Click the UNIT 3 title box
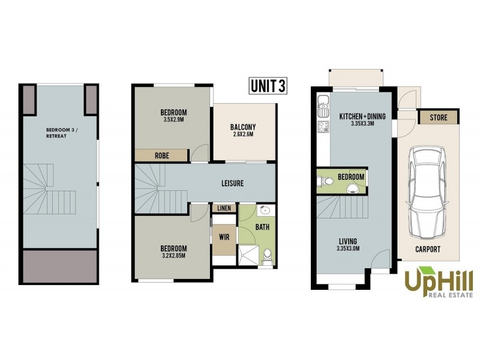point(267,86)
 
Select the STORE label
point(439,117)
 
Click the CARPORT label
point(428,248)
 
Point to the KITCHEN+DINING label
point(362,116)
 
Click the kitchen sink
point(323,106)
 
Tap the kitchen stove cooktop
point(323,126)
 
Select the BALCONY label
point(243,127)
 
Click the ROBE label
point(162,155)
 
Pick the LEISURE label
point(231,183)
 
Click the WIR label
point(224,237)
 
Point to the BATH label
point(262,227)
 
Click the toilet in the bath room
point(268,257)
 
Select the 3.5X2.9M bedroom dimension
point(174,119)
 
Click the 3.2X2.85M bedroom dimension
point(174,256)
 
